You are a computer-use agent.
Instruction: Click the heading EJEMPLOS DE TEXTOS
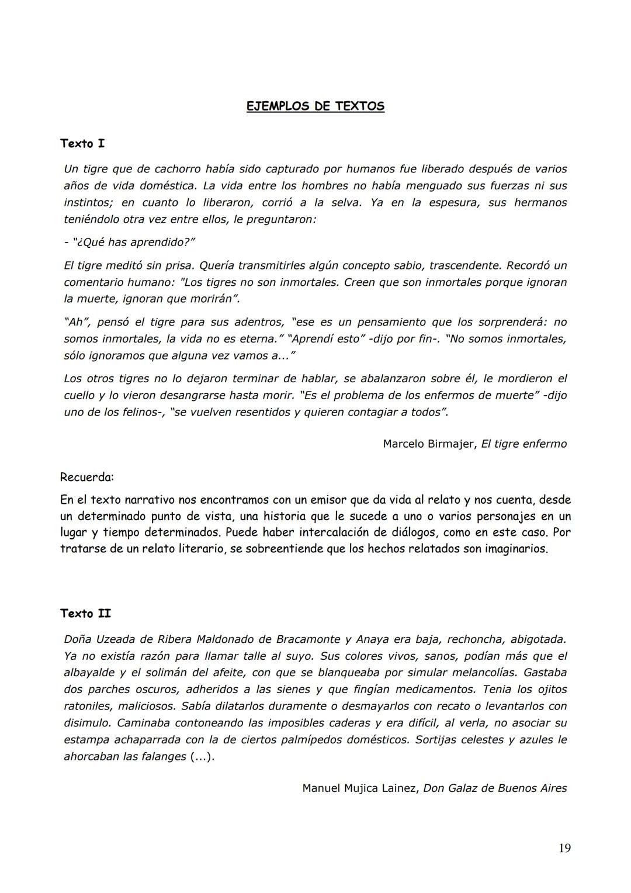315,106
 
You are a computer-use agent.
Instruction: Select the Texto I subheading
82,143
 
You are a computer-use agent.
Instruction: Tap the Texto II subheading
85,614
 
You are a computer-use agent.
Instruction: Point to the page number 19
564,848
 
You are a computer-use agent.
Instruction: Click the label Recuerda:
86,477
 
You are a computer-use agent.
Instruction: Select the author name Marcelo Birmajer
429,444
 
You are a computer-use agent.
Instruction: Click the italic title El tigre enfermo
524,444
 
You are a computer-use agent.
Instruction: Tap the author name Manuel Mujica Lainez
359,788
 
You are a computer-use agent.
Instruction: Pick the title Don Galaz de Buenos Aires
495,788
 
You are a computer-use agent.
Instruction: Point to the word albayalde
89,673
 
